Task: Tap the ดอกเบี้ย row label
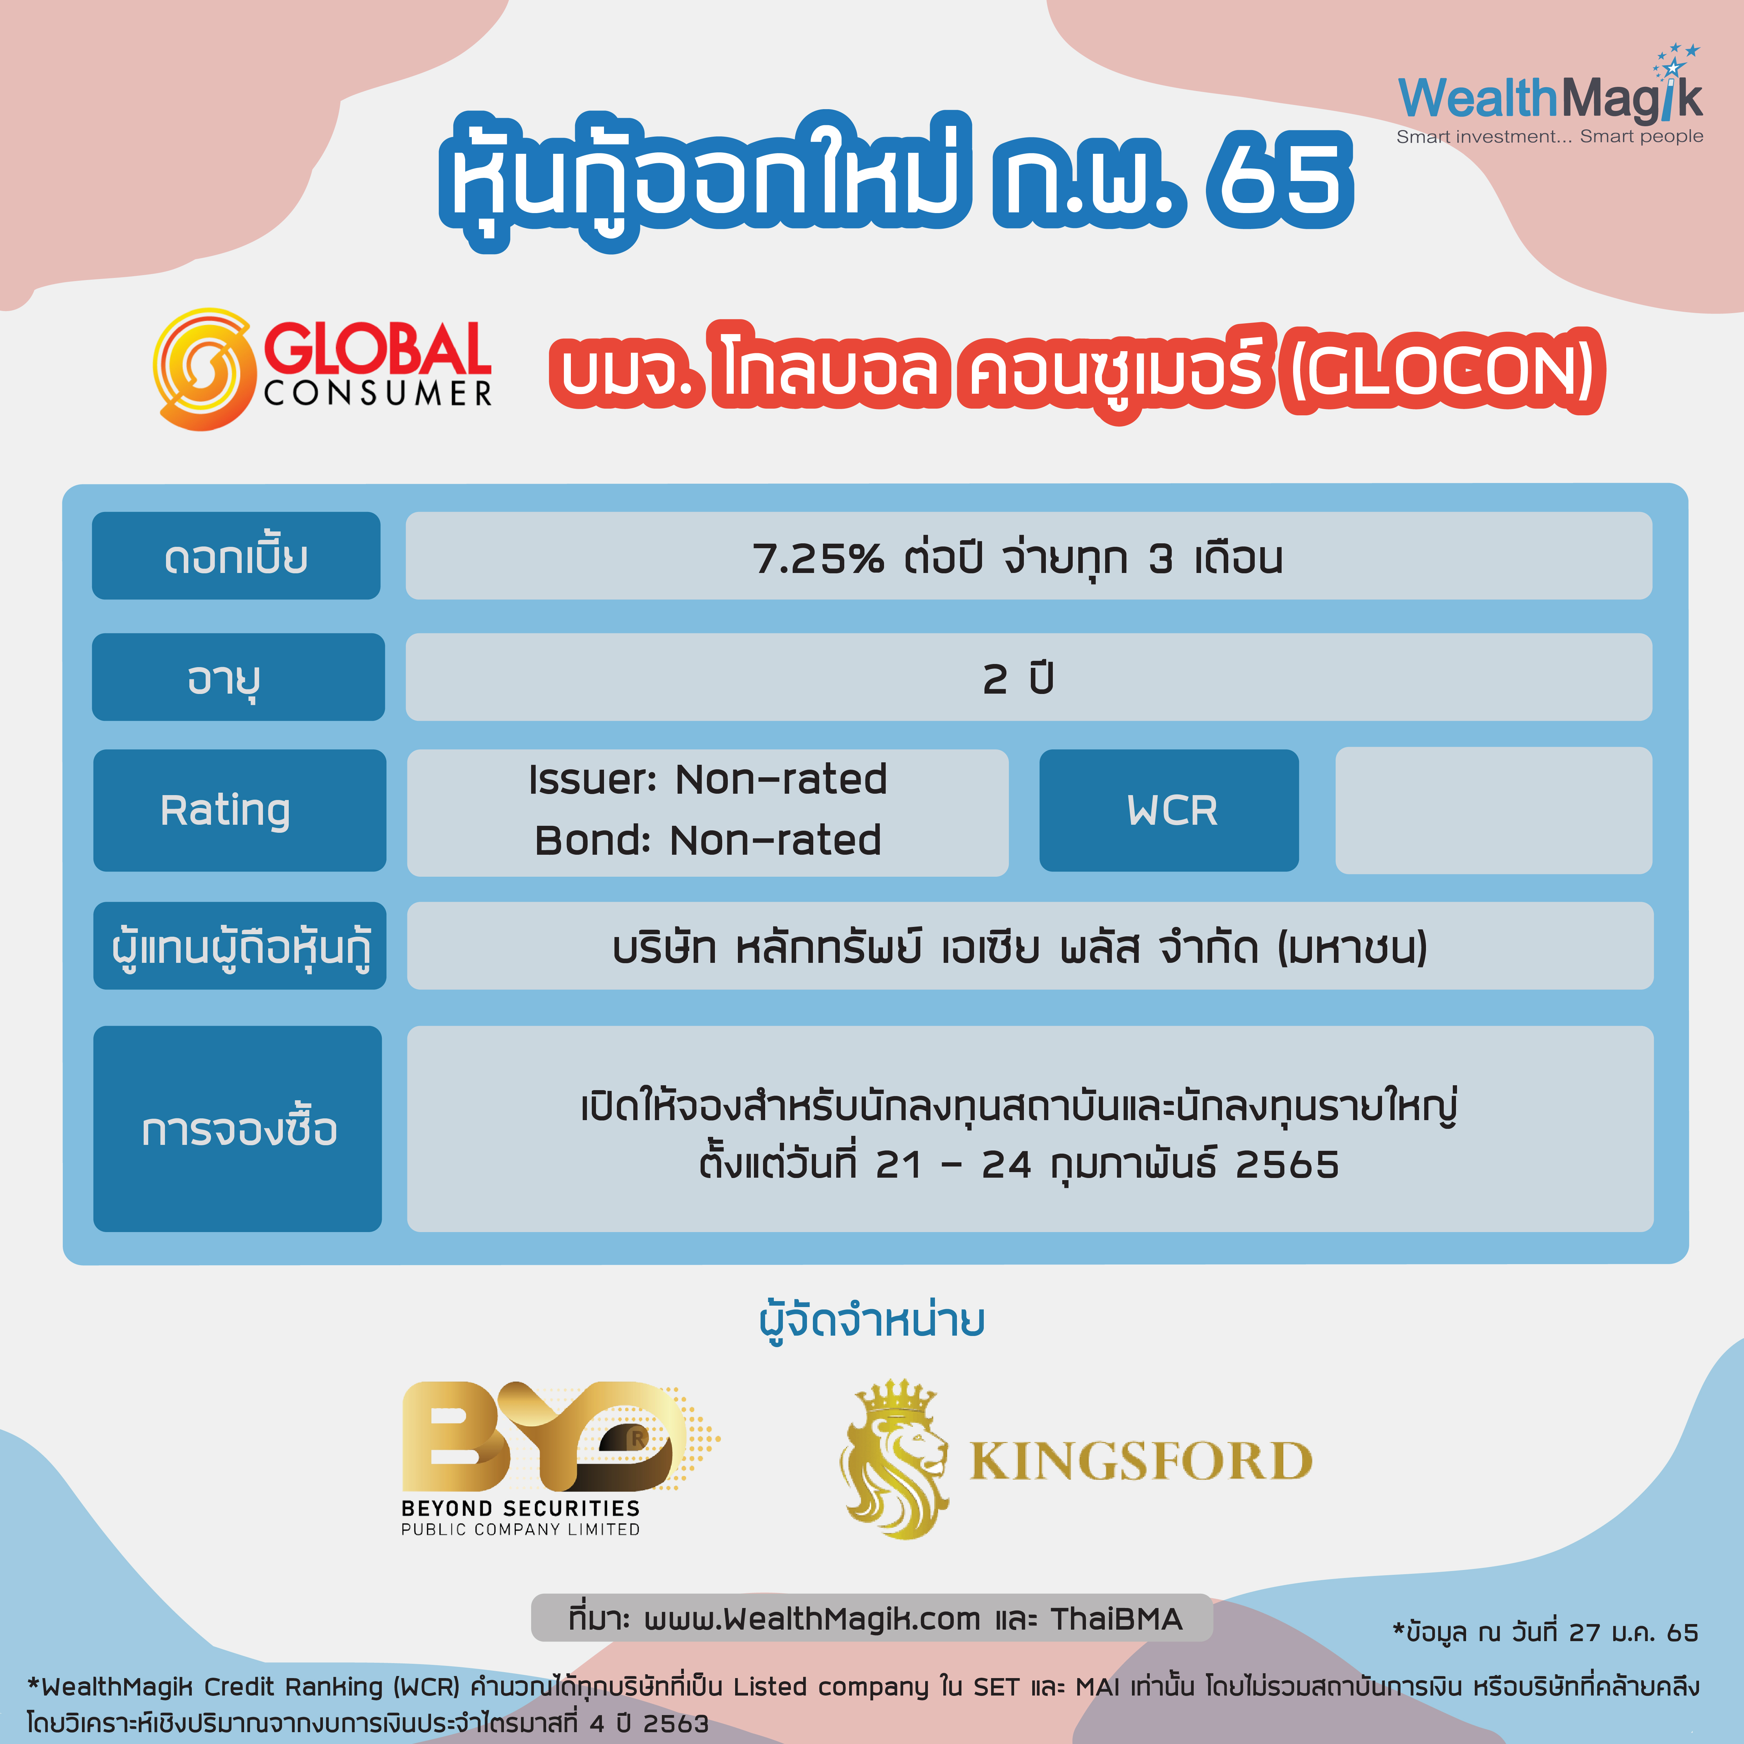[x=236, y=556]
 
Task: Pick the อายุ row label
[x=238, y=677]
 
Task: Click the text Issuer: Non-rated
[x=708, y=779]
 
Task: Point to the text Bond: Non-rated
[x=708, y=840]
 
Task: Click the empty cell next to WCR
[x=1493, y=810]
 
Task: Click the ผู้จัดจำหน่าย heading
[x=872, y=1321]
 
